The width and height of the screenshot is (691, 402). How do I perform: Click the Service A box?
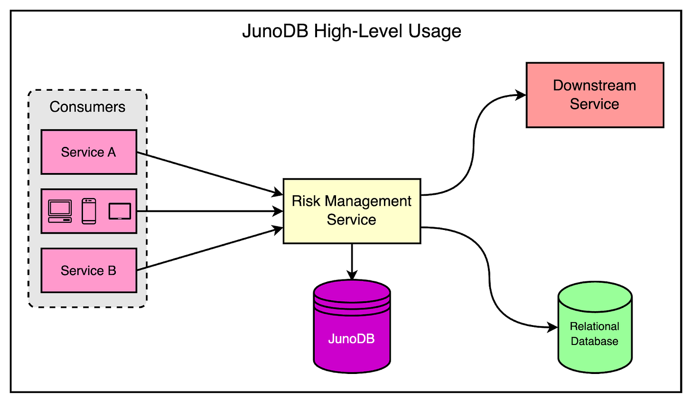pos(89,152)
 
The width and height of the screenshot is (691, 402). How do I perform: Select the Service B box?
pos(89,270)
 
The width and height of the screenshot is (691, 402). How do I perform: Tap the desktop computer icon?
pos(60,211)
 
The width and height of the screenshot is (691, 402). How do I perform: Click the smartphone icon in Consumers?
pos(89,211)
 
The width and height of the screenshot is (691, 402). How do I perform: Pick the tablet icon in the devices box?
pos(120,211)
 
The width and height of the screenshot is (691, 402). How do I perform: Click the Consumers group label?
pos(87,107)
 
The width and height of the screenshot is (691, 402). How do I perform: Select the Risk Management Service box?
pos(352,211)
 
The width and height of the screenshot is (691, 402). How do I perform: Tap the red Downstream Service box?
pos(595,95)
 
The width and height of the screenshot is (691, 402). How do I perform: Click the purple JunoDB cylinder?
pos(352,333)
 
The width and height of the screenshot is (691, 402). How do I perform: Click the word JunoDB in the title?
pos(275,31)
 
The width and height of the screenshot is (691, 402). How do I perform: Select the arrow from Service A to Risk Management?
pos(209,173)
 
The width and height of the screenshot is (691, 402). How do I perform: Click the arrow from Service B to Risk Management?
pos(209,250)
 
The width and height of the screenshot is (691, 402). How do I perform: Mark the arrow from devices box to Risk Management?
pos(209,211)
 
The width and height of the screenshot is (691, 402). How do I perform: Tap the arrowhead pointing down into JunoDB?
pos(352,275)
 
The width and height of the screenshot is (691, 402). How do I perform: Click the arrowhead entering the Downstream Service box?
pos(521,95)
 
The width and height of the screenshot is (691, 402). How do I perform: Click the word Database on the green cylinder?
pos(594,341)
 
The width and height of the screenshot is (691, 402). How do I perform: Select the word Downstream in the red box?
pos(594,86)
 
